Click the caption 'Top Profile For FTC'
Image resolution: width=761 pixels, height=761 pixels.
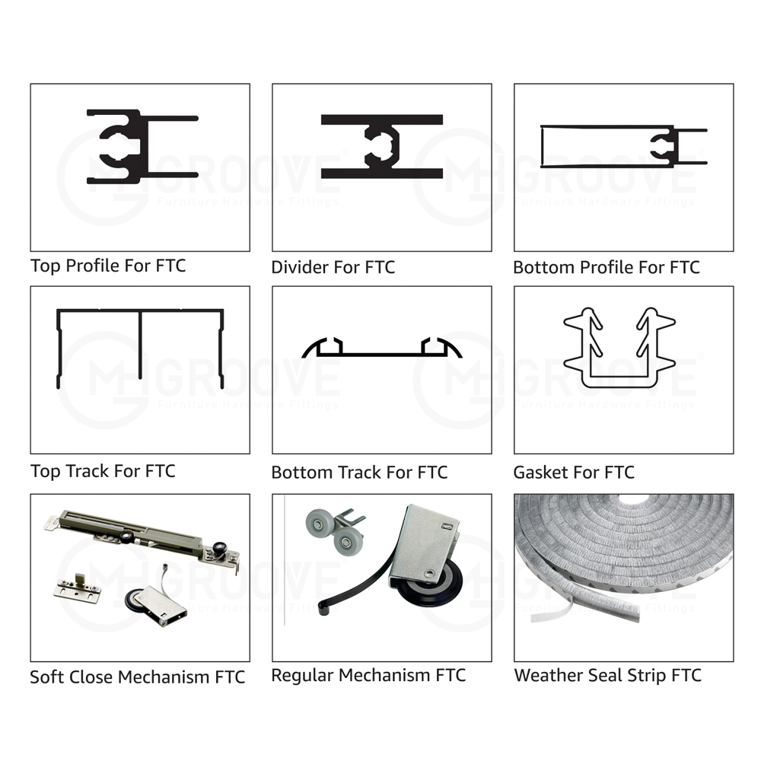tap(108, 266)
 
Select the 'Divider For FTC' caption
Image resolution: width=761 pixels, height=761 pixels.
tap(333, 267)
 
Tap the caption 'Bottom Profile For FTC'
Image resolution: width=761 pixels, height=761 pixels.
tap(607, 267)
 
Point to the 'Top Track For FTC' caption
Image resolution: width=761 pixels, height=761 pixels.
tap(103, 471)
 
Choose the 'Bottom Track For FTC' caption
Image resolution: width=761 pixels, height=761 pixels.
tap(359, 473)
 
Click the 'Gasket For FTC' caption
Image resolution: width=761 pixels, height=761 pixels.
tap(574, 473)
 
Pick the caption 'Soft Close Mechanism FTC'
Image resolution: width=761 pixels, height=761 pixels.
tap(137, 677)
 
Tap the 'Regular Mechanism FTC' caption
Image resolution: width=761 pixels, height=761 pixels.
tap(368, 675)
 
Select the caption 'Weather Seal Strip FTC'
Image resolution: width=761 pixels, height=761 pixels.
tap(607, 675)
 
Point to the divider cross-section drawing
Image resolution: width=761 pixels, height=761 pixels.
tap(382, 147)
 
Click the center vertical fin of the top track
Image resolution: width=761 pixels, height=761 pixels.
tap(140, 345)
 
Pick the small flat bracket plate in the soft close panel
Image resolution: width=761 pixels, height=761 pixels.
tap(78, 588)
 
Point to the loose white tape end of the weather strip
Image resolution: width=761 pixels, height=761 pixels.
tap(551, 612)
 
